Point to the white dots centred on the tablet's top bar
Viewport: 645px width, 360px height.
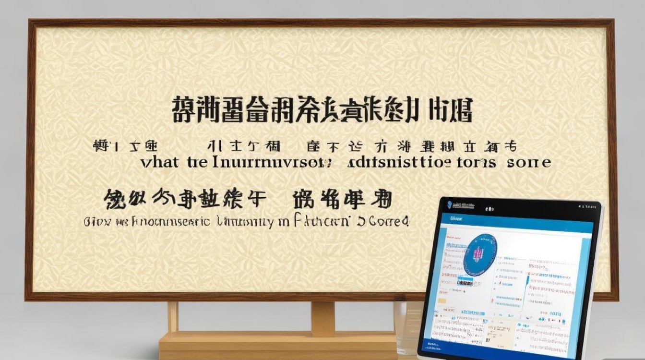490,209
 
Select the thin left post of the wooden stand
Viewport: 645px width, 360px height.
173,317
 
